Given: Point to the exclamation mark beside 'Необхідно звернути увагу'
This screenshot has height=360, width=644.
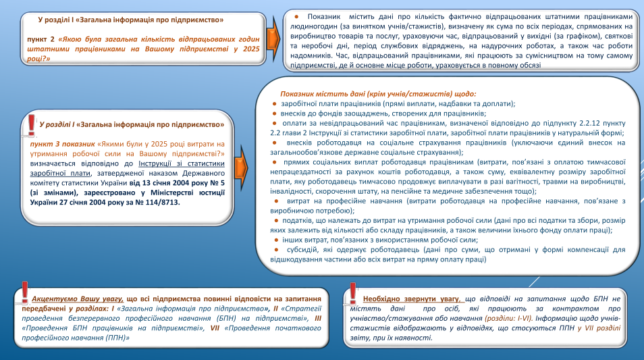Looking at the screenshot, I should coord(353,293).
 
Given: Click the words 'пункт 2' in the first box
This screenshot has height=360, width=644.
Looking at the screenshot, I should coord(41,40).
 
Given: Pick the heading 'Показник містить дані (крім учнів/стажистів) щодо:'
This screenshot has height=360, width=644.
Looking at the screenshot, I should coord(378,94).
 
